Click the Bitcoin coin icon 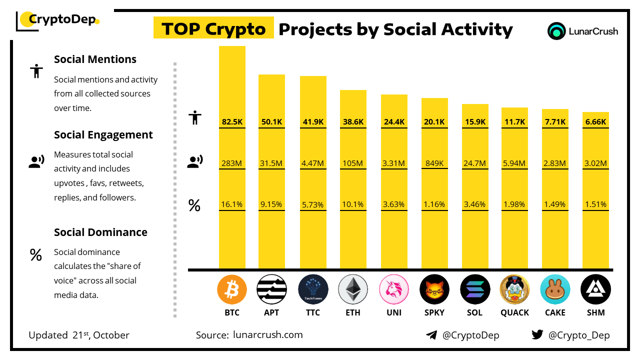click(x=232, y=289)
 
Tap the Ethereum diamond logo click(x=353, y=289)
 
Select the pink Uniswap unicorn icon click(x=394, y=289)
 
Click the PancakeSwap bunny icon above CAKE click(x=555, y=289)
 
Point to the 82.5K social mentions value click(x=232, y=121)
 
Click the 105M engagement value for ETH click(x=353, y=163)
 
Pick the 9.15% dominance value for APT click(x=271, y=204)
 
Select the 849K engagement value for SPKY click(x=434, y=163)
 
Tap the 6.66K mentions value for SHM click(x=596, y=121)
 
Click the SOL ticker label click(x=474, y=312)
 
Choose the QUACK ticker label click(x=514, y=312)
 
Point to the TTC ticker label click(x=312, y=312)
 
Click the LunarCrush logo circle click(x=556, y=31)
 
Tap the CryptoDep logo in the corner click(x=58, y=20)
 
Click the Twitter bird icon click(x=537, y=335)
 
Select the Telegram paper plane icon click(x=431, y=335)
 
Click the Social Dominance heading click(x=100, y=232)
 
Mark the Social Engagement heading click(x=103, y=134)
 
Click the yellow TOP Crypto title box click(x=213, y=29)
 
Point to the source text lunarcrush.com click(x=267, y=335)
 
